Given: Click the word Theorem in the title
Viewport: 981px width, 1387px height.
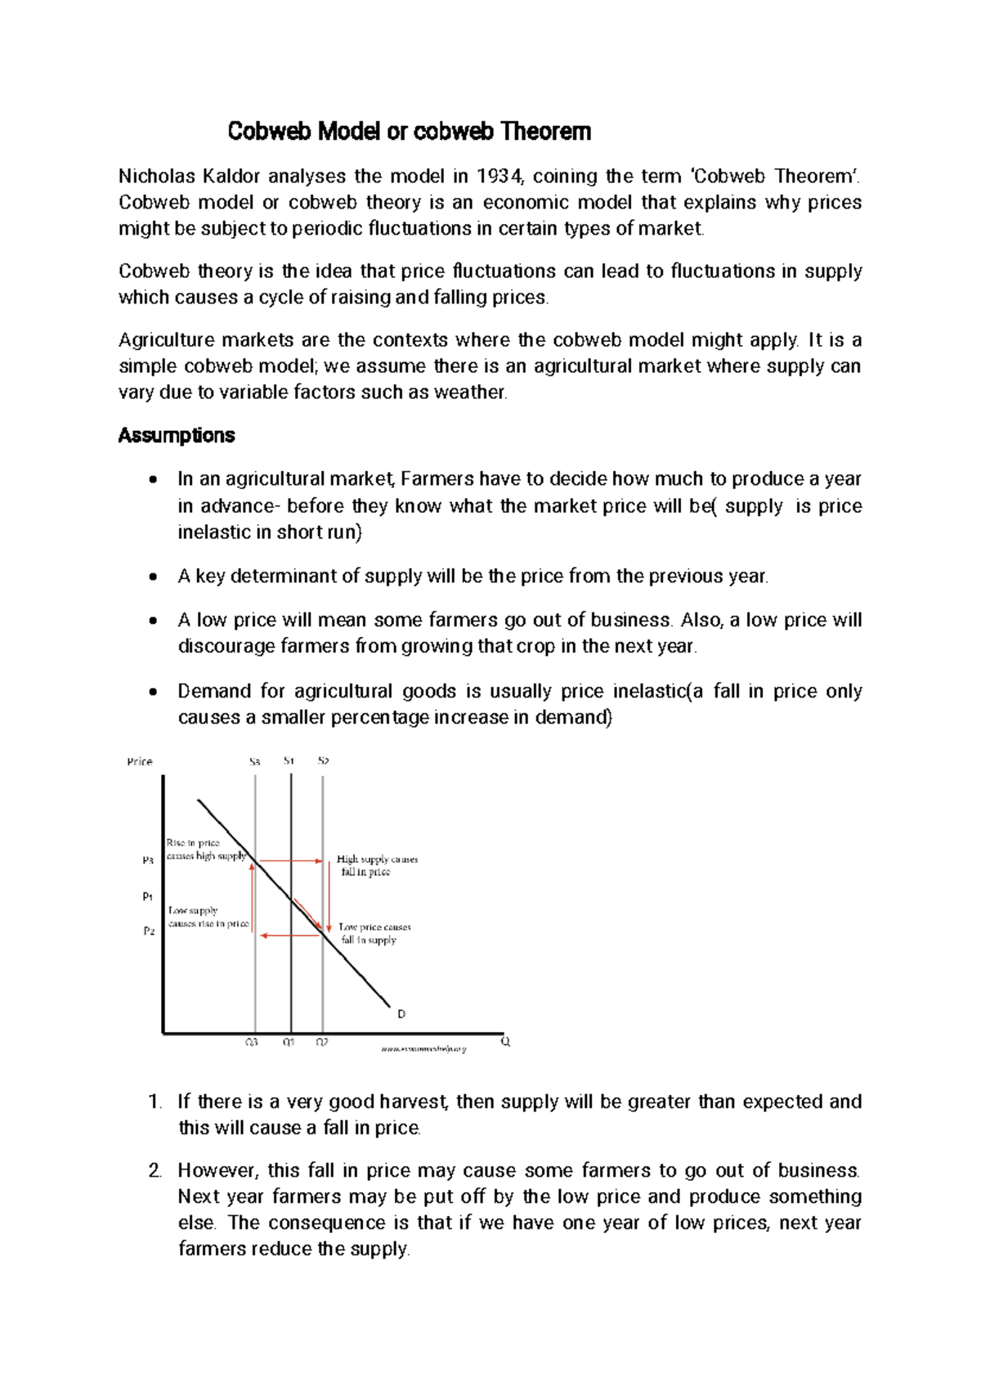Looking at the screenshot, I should tap(545, 132).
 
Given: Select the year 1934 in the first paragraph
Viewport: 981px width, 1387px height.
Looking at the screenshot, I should tap(497, 177).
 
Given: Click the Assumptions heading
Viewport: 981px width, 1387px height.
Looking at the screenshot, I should tap(177, 436).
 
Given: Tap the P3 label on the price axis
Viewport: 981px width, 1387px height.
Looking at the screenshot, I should tap(148, 860).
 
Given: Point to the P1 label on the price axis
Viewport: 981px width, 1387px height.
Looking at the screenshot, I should tap(148, 896).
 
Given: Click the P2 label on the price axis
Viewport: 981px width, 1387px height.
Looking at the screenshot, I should tap(148, 931).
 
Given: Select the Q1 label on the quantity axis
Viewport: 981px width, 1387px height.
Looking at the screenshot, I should tap(289, 1043).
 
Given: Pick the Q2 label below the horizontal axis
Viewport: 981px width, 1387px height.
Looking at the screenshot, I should tap(322, 1043).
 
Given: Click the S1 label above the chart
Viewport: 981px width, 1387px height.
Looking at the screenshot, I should tap(289, 761).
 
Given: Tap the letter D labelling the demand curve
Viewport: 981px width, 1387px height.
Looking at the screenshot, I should tap(401, 1014).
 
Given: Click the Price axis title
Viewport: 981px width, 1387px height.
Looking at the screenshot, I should tap(140, 762).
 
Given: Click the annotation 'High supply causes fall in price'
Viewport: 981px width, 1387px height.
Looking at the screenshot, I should tap(376, 865).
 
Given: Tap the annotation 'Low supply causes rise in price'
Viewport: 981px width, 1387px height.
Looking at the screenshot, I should tap(208, 917).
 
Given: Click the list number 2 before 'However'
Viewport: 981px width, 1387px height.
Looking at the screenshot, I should tap(155, 1171).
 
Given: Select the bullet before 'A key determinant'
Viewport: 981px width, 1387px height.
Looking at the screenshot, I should tap(152, 577).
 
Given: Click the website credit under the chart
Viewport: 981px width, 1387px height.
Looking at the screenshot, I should tap(423, 1048).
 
